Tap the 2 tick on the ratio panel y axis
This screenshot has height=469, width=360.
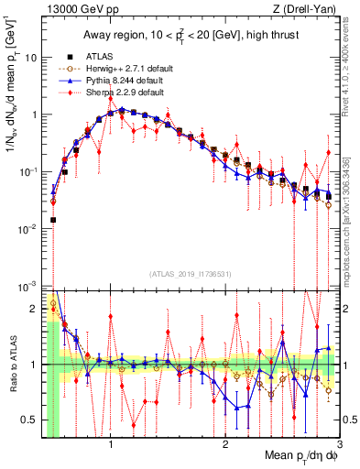33,309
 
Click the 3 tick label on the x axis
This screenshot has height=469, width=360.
339,442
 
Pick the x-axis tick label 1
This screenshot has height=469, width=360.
111,442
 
